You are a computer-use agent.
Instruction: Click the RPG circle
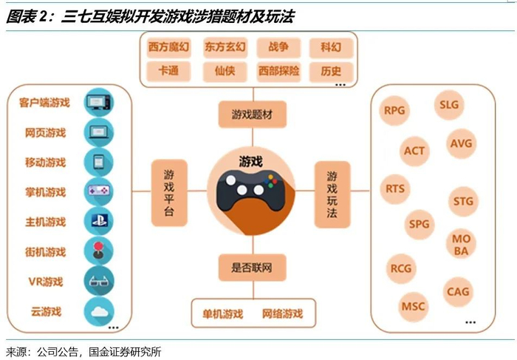(395, 111)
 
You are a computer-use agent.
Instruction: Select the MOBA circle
(461, 245)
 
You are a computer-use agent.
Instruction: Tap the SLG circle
(449, 105)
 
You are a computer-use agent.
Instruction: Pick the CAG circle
(458, 292)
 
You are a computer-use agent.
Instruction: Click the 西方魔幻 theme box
(168, 47)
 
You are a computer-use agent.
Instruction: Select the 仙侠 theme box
(225, 72)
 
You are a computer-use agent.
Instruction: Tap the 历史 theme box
(331, 72)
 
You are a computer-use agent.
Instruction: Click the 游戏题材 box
(253, 115)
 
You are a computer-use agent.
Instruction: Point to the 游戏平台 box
(169, 191)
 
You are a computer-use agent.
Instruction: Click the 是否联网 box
(253, 266)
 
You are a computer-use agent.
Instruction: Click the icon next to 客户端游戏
(98, 102)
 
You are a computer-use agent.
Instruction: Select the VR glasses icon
(98, 282)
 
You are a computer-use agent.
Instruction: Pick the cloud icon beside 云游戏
(98, 310)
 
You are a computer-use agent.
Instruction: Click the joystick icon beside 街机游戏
(98, 251)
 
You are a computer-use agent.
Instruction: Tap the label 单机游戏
(222, 313)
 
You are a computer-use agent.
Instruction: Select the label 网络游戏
(282, 313)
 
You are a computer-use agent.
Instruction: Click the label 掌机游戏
(45, 192)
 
